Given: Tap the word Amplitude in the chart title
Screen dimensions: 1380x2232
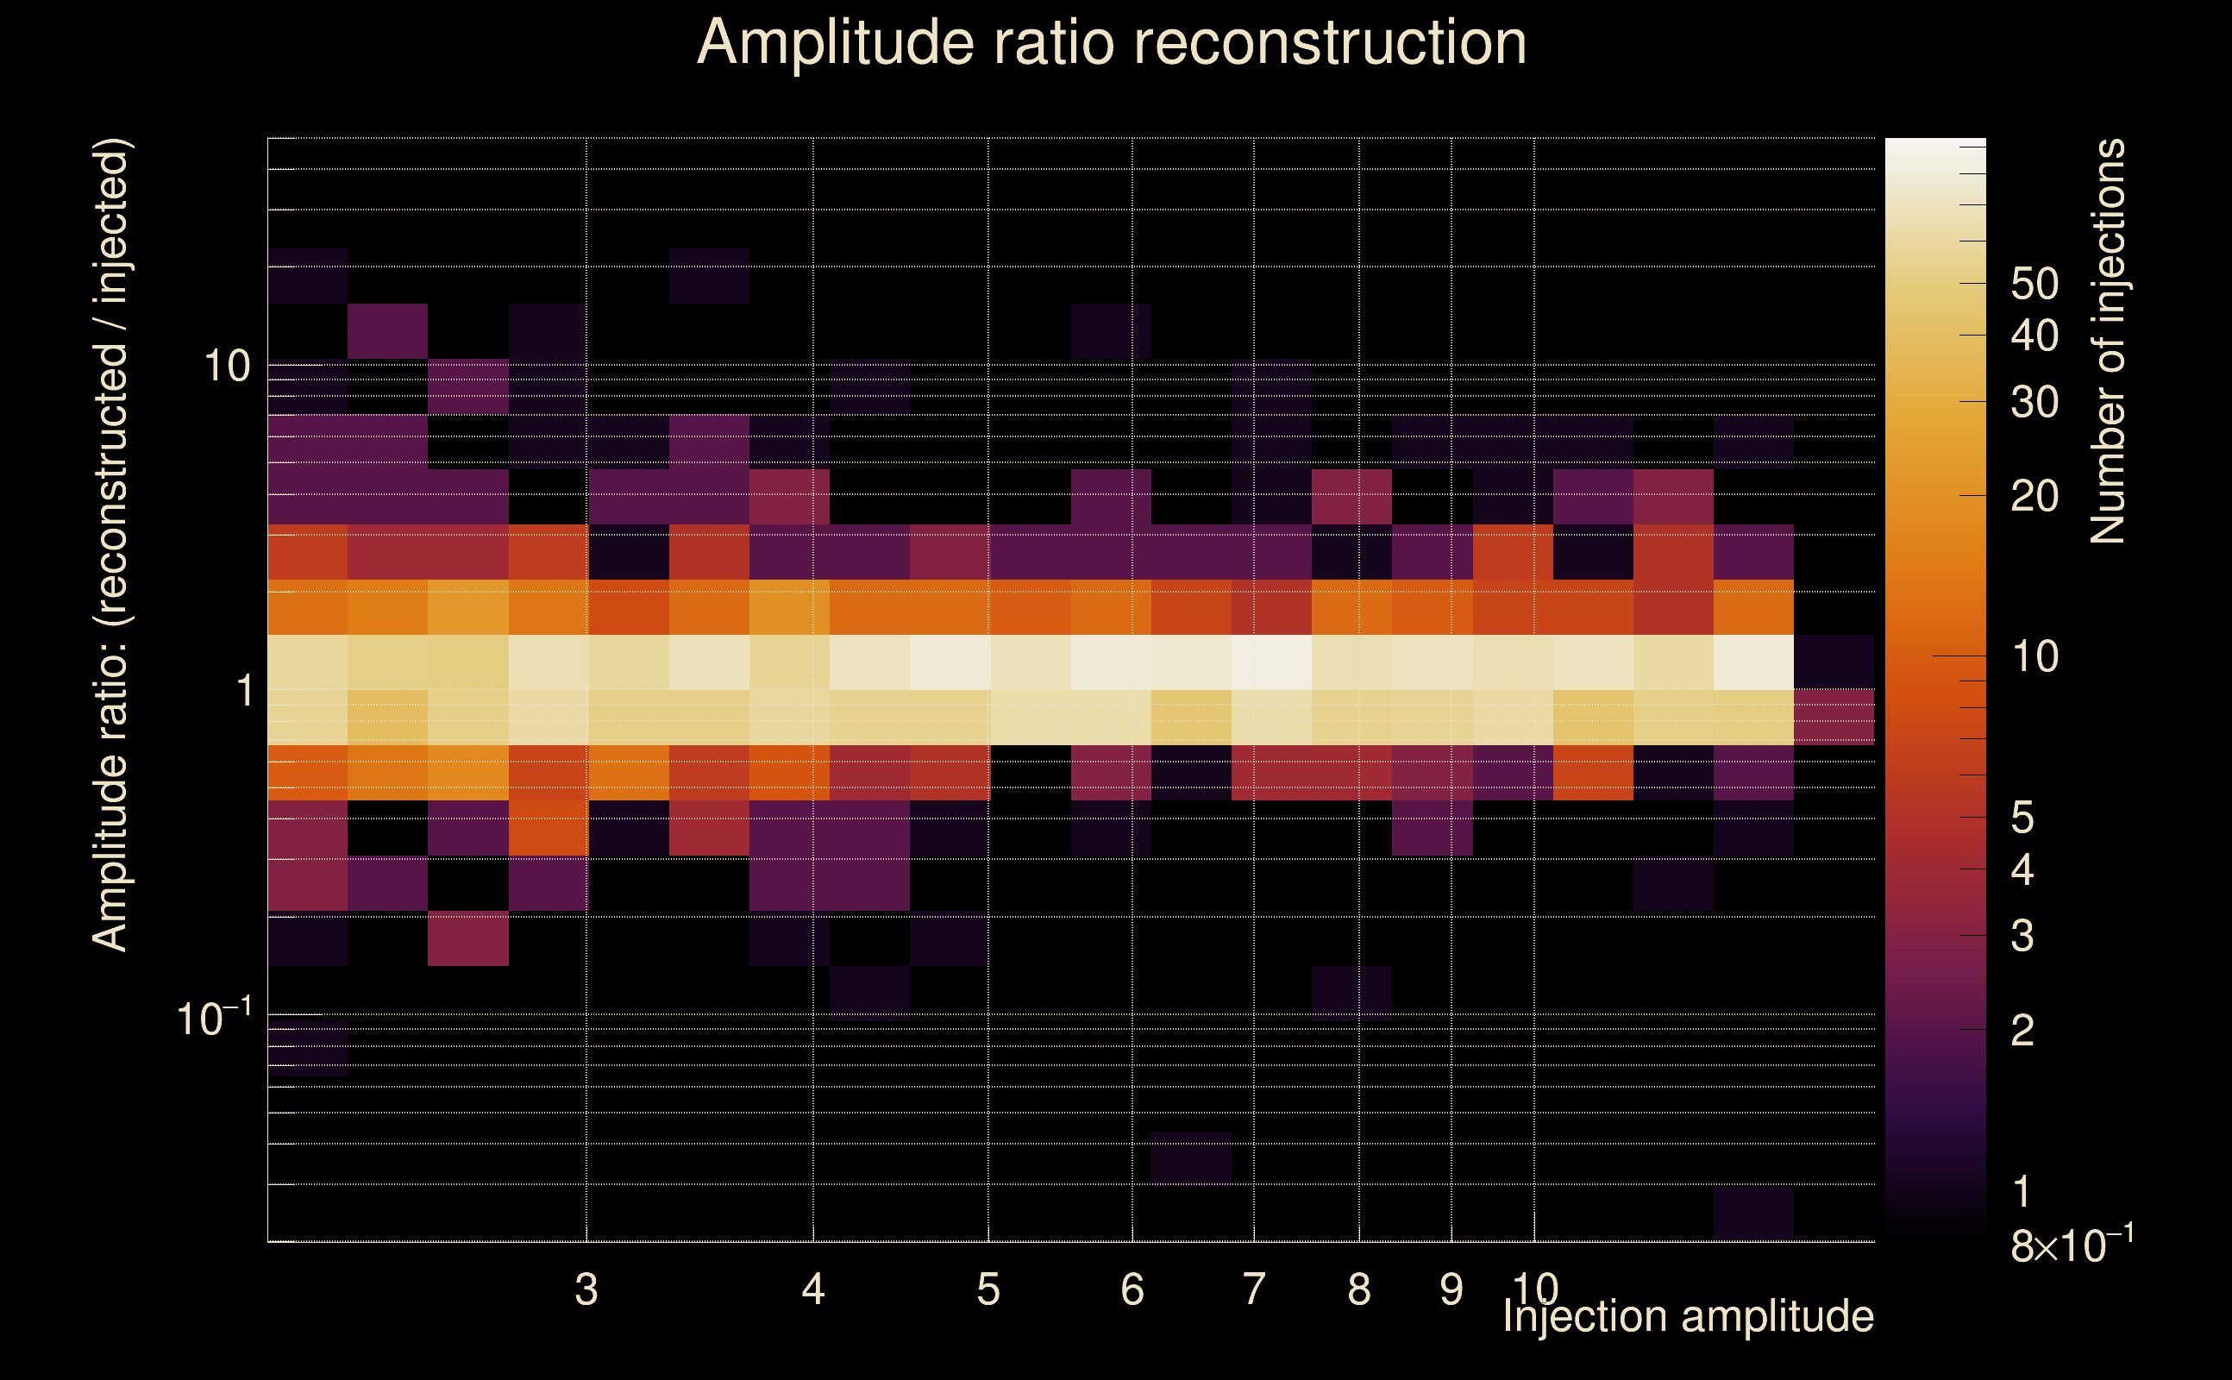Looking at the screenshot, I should [836, 43].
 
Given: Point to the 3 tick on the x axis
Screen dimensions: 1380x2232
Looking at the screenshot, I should [586, 1289].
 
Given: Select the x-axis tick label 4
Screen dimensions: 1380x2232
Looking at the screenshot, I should [813, 1289].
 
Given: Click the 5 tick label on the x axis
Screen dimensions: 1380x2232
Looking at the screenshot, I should [988, 1289].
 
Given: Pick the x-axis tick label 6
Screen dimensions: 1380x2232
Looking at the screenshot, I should [1132, 1289].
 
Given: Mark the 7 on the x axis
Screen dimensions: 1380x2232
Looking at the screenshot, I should [1254, 1289].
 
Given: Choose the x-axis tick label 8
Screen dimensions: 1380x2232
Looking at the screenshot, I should [1358, 1289].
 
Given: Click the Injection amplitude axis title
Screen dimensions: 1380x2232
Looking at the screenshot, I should [1688, 1317].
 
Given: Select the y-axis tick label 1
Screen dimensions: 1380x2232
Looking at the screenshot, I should [244, 691].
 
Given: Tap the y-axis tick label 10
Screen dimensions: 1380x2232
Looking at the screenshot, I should [226, 366].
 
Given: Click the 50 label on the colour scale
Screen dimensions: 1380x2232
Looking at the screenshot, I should [2034, 284].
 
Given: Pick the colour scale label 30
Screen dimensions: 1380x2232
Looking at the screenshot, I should [2034, 402].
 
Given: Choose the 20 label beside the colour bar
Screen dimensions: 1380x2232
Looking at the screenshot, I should [2034, 496].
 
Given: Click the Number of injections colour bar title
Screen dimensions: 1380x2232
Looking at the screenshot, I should [2108, 342].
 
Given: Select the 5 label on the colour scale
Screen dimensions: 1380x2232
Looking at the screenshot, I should [2022, 818].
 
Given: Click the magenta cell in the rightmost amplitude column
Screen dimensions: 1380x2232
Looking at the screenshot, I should [1834, 718].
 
